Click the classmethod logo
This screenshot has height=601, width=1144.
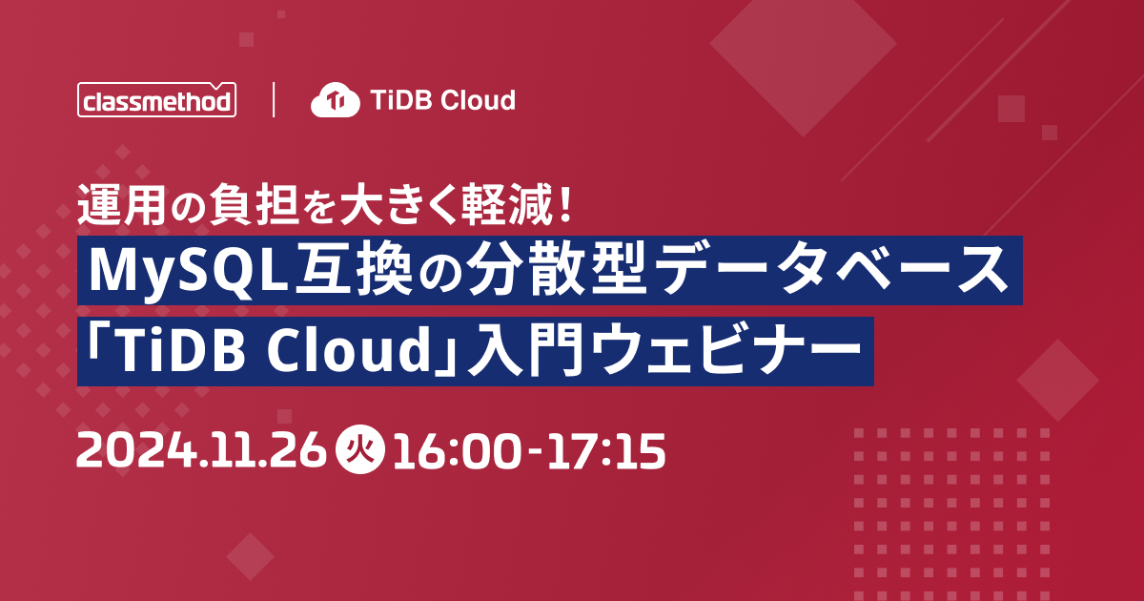(156, 99)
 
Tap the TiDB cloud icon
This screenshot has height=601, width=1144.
(335, 99)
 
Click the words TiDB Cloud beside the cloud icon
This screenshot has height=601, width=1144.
(442, 99)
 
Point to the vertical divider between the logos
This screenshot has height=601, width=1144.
(274, 99)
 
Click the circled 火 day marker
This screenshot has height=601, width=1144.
(360, 449)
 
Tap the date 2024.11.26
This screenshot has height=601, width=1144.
(201, 449)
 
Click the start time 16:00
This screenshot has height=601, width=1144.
(457, 449)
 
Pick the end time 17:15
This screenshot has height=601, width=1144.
(606, 449)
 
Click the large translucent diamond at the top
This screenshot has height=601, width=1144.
(804, 45)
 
